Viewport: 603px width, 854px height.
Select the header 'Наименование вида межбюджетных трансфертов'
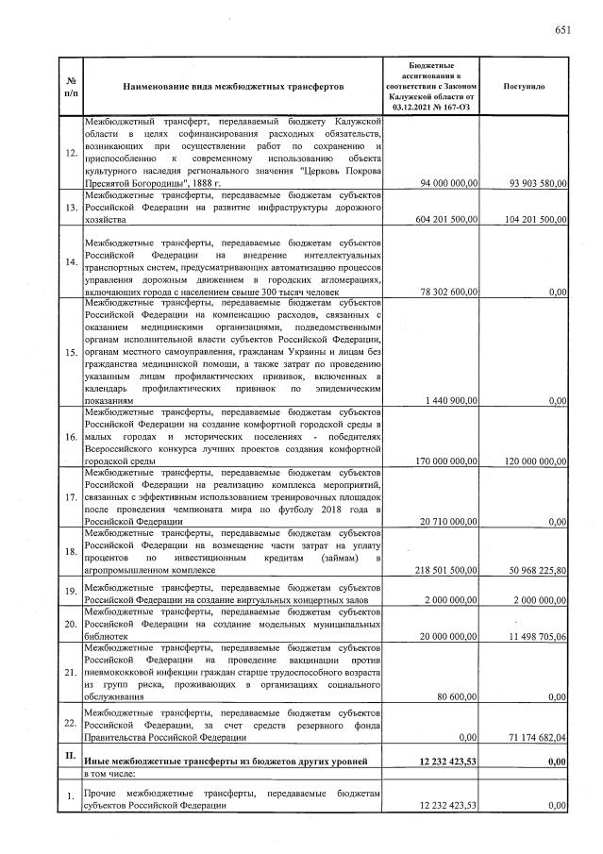coord(233,86)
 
